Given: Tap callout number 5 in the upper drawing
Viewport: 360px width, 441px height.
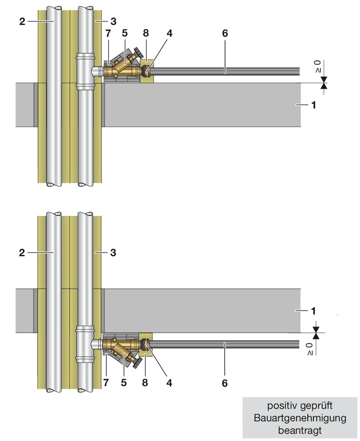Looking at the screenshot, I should pyautogui.click(x=124, y=33).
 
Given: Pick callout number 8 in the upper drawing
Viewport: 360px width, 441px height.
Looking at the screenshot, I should pyautogui.click(x=146, y=33).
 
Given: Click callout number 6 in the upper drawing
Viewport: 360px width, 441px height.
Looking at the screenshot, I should pyautogui.click(x=225, y=33).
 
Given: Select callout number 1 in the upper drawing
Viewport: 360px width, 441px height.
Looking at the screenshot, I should pyautogui.click(x=313, y=105).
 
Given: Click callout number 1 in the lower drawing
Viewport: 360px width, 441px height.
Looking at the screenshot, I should pyautogui.click(x=313, y=310).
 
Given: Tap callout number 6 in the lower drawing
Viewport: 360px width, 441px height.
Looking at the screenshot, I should pyautogui.click(x=225, y=384).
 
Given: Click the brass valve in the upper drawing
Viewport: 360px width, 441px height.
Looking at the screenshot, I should pyautogui.click(x=122, y=70).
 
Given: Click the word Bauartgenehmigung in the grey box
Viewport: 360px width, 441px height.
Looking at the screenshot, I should pyautogui.click(x=300, y=418).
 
